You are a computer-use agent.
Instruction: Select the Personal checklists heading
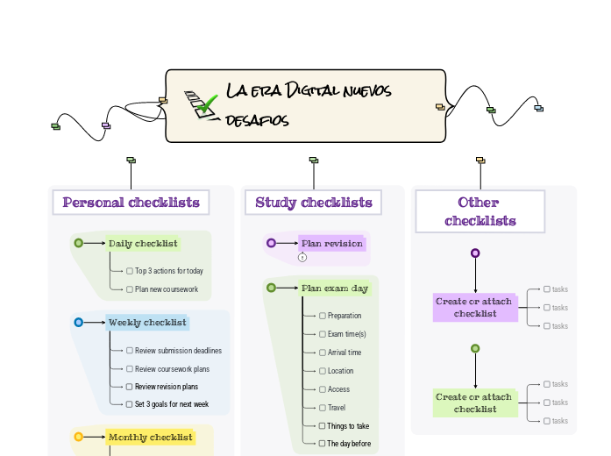point(131,203)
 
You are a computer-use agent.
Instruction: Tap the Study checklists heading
point(314,203)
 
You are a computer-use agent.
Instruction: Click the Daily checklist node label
point(143,244)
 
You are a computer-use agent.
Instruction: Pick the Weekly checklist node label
point(147,323)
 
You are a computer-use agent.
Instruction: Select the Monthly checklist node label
point(150,437)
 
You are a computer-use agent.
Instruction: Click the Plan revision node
point(331,243)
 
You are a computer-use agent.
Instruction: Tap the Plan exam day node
point(334,288)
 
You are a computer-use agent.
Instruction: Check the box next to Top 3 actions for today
point(130,271)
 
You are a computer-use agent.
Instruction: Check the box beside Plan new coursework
point(130,289)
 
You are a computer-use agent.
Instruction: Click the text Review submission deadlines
point(178,351)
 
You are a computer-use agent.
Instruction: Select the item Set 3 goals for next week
point(171,404)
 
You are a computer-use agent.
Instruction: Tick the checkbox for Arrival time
point(323,353)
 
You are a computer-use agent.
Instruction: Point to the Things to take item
point(348,426)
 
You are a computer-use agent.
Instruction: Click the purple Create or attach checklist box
point(475,308)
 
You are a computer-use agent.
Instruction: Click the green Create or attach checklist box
point(475,403)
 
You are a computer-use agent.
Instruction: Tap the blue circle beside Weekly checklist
point(79,323)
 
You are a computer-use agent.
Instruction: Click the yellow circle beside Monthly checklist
point(79,437)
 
